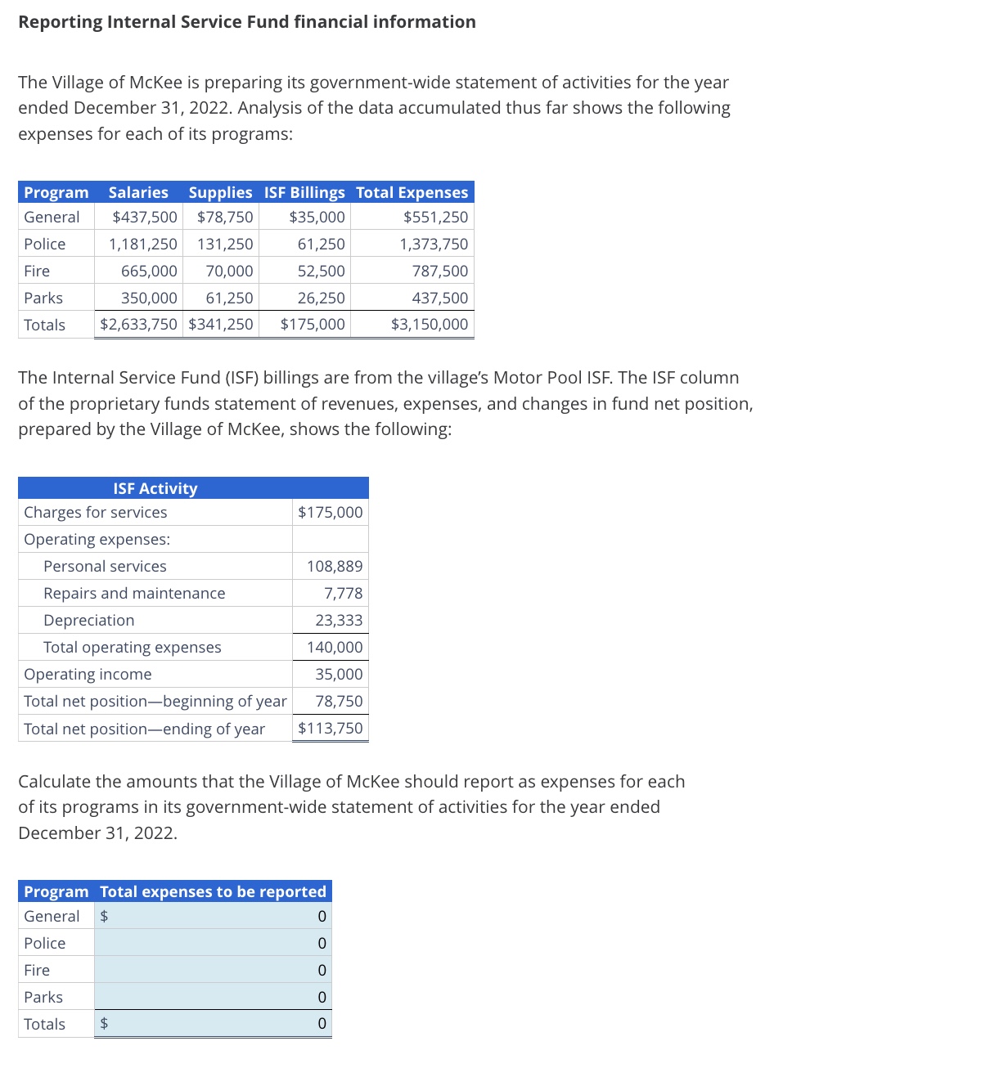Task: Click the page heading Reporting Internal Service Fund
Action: pos(246,22)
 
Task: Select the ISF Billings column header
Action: pos(304,192)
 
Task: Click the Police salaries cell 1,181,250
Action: pos(143,244)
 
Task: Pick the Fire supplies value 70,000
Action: pos(229,271)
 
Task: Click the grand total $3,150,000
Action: pos(430,324)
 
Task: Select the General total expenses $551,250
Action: pos(435,217)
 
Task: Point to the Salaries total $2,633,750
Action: pos(138,324)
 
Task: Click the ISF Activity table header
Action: pos(155,488)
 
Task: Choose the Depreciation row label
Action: pos(89,620)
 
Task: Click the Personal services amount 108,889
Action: pos(335,566)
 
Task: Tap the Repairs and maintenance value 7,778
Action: pos(343,593)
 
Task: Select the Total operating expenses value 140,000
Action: pos(335,647)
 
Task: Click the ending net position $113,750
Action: pos(331,728)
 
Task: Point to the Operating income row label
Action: pos(88,674)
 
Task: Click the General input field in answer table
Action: pos(213,916)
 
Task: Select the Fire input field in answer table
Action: pos(213,970)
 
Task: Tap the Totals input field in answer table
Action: pos(213,1024)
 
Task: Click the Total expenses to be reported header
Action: pos(213,891)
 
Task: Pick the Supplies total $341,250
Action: pos(221,324)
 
